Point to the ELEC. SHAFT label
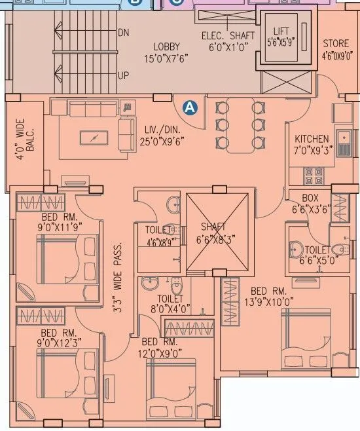225,41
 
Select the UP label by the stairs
123,75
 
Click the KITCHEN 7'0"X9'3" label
312,144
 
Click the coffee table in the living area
96,138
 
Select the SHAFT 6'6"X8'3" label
217,232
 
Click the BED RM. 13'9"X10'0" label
270,296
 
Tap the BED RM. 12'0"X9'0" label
160,347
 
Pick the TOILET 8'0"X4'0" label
175,303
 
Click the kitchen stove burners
315,176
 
